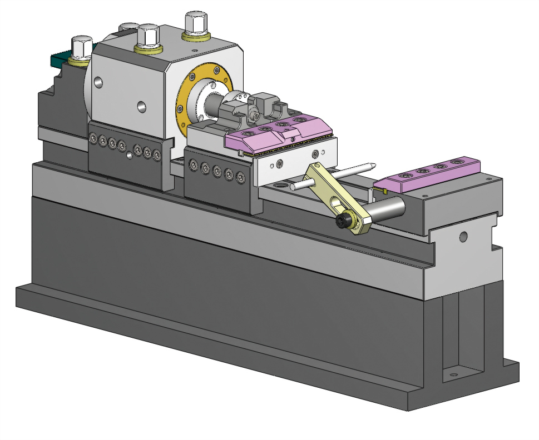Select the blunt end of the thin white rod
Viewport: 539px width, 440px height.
[x=293, y=187]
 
